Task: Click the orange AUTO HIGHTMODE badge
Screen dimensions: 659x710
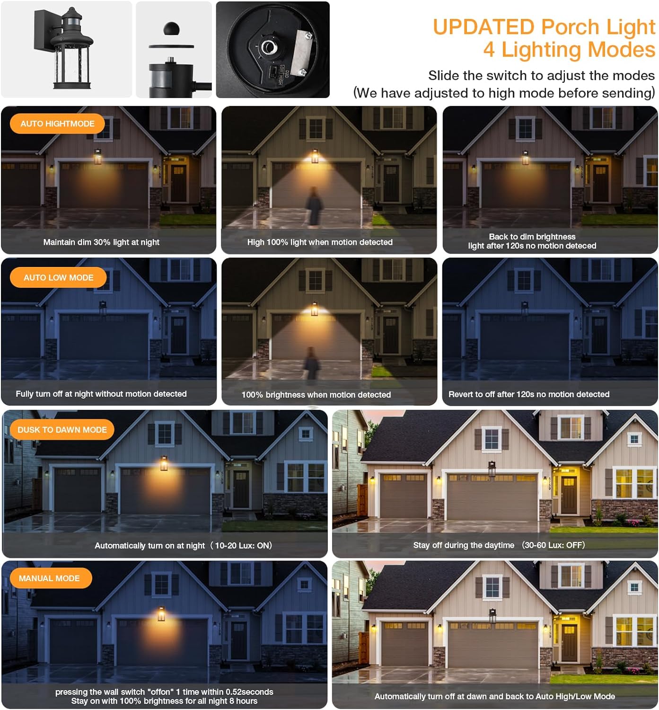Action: click(57, 124)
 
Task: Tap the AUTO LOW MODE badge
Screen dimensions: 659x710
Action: click(58, 277)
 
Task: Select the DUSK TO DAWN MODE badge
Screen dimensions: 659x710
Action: click(62, 429)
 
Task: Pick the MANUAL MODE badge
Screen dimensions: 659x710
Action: click(51, 578)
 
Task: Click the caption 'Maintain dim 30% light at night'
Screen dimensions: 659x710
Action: click(101, 242)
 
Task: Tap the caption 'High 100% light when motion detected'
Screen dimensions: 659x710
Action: click(320, 242)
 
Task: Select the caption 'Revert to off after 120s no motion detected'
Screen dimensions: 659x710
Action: click(528, 394)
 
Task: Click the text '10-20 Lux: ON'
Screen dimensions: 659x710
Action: click(243, 545)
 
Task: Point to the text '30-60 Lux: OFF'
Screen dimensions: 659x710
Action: click(554, 545)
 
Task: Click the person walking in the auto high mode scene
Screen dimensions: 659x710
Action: click(314, 206)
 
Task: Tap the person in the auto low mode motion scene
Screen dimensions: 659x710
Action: click(312, 363)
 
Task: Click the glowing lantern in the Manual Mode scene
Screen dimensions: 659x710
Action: click(161, 614)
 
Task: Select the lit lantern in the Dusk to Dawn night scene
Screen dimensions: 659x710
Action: click(164, 463)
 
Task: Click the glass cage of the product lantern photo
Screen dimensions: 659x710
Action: click(71, 65)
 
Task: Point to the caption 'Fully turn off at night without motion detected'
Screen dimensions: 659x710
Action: click(101, 394)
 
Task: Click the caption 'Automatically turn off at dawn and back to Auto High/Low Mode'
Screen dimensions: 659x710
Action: click(495, 696)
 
